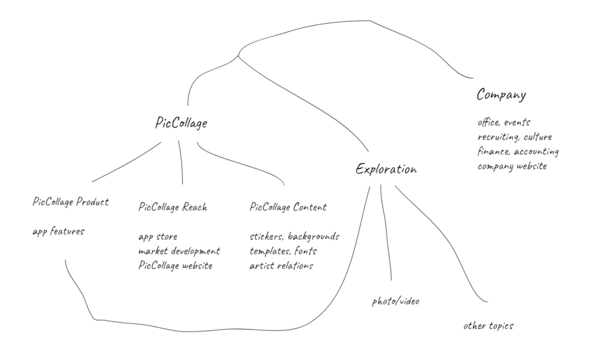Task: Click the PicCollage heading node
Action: pyautogui.click(x=181, y=123)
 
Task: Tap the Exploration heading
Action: pyautogui.click(x=386, y=169)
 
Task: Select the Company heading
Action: pyautogui.click(x=501, y=95)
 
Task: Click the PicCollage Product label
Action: pyautogui.click(x=71, y=202)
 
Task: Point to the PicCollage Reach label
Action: pyautogui.click(x=173, y=207)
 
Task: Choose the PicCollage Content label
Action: pyautogui.click(x=288, y=207)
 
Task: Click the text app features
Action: pyautogui.click(x=58, y=231)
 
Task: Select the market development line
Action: pyautogui.click(x=179, y=251)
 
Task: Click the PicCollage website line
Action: pyautogui.click(x=175, y=266)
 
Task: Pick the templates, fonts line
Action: pyautogui.click(x=283, y=251)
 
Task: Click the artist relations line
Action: pyautogui.click(x=281, y=266)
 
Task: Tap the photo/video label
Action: pyautogui.click(x=396, y=301)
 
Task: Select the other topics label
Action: pyautogui.click(x=488, y=326)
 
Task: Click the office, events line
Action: pyautogui.click(x=504, y=122)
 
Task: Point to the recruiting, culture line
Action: pyautogui.click(x=515, y=137)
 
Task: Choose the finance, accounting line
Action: pyautogui.click(x=518, y=151)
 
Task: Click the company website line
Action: pyautogui.click(x=512, y=166)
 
